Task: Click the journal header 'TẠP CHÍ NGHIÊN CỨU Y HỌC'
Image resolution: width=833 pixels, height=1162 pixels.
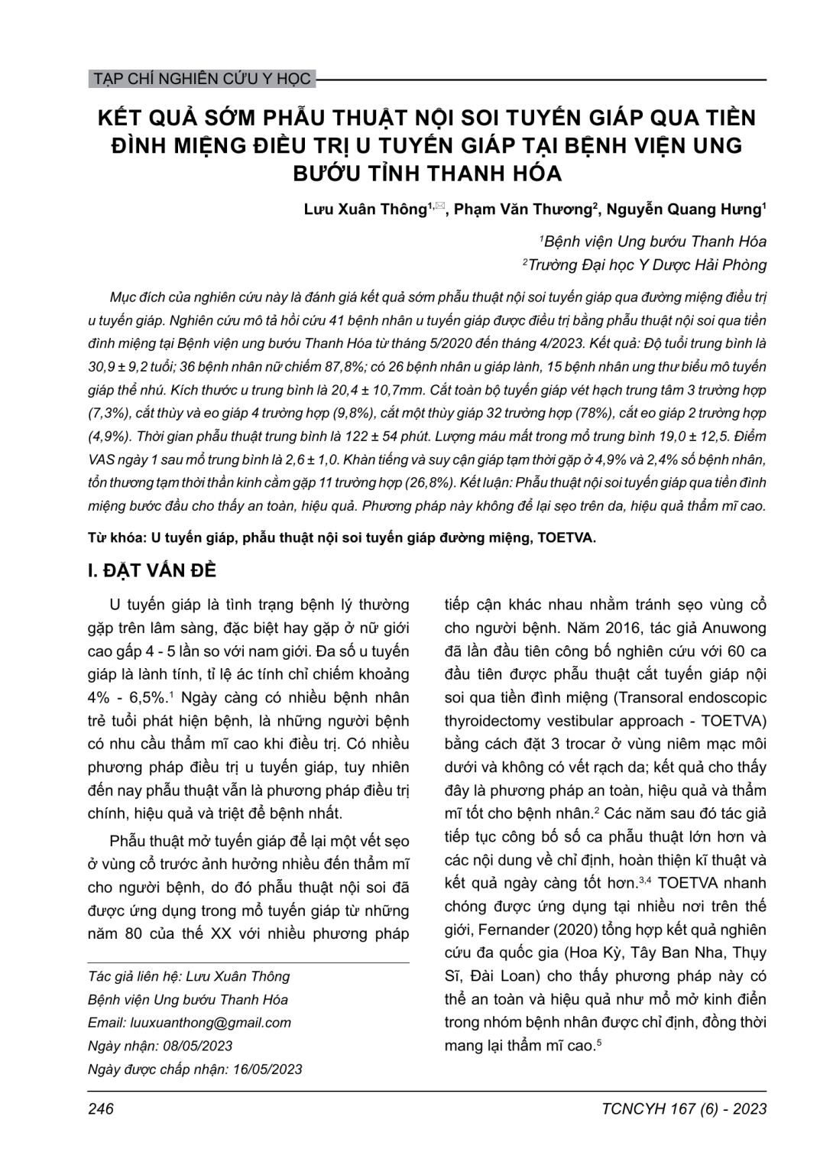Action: pyautogui.click(x=200, y=79)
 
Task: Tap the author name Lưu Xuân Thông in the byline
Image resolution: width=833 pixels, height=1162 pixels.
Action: pyautogui.click(x=365, y=210)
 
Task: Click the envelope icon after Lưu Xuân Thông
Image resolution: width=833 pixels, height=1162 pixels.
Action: pyautogui.click(x=439, y=206)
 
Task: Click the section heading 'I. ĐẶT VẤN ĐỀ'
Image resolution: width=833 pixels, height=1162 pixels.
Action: pyautogui.click(x=152, y=571)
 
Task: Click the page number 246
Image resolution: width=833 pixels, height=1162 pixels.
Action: pyautogui.click(x=101, y=1109)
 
